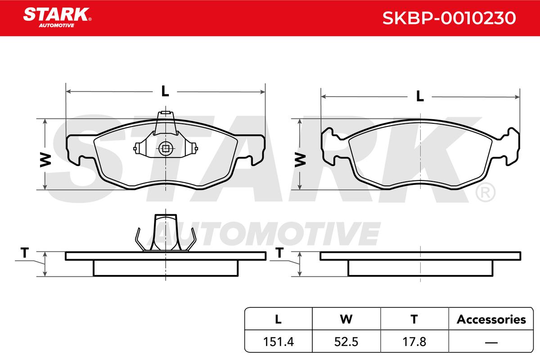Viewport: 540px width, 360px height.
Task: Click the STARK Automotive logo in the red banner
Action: coord(57,18)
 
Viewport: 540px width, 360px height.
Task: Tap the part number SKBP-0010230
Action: coord(449,18)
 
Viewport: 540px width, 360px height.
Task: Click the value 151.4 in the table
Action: coord(279,342)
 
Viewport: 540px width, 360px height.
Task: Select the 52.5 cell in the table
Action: coord(346,342)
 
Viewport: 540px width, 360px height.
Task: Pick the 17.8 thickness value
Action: coord(414,342)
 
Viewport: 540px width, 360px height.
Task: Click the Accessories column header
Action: coord(491,319)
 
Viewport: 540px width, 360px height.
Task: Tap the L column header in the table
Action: coord(278,319)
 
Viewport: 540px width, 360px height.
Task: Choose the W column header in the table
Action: coord(346,319)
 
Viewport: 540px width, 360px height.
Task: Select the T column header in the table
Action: coord(414,319)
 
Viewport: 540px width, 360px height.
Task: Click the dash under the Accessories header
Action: coord(491,342)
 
